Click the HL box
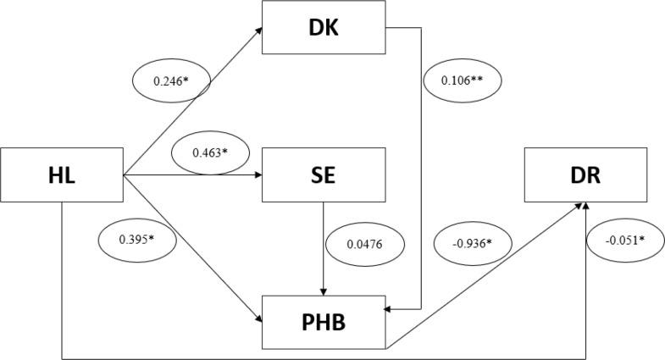62,175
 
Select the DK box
324,28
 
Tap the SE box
324,176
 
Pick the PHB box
324,322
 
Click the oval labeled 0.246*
172,82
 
